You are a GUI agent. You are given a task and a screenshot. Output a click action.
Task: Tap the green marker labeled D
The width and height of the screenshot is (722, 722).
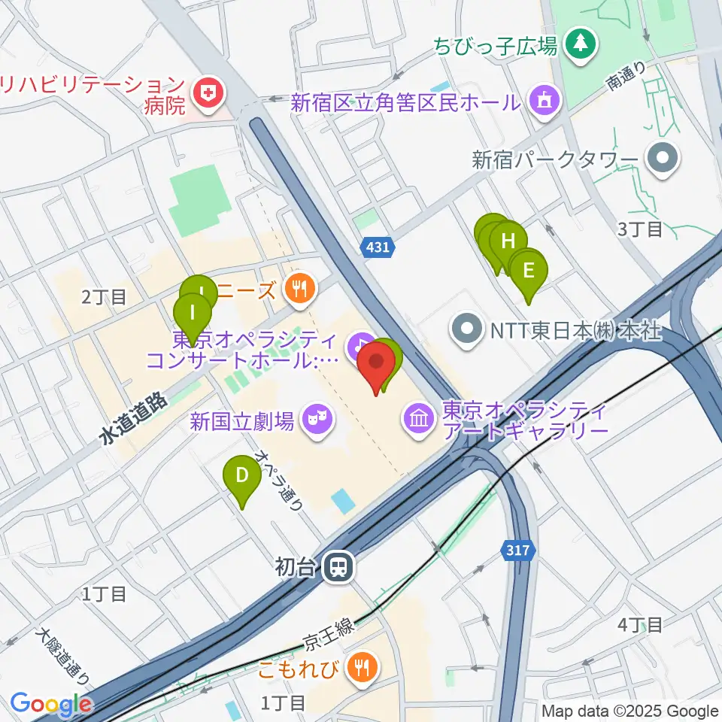click(x=241, y=475)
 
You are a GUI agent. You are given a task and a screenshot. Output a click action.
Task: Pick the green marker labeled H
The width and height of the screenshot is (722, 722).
click(x=508, y=241)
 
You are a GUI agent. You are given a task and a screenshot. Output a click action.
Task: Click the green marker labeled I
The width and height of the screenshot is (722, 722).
click(x=193, y=311)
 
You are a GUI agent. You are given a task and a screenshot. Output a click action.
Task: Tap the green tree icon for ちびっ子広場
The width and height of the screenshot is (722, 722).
click(x=581, y=44)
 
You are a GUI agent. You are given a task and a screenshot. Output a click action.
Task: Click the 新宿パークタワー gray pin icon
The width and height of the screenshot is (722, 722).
click(x=664, y=159)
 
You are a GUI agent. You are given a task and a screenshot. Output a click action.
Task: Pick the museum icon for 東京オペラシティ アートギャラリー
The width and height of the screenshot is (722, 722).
click(x=417, y=416)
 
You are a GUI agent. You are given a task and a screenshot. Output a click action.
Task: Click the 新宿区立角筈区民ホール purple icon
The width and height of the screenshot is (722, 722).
click(x=544, y=99)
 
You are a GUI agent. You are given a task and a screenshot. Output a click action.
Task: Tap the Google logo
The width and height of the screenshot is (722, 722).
click(x=50, y=705)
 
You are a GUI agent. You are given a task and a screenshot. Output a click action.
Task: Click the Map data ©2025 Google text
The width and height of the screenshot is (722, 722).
click(x=629, y=711)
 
